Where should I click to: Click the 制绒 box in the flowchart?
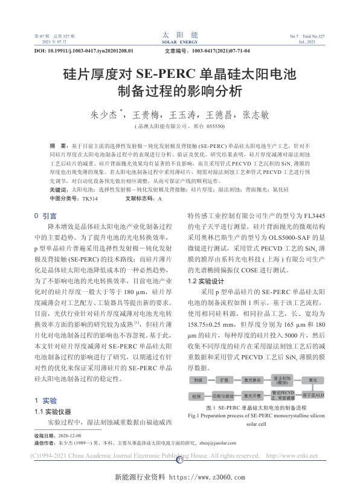click(x=198, y=381)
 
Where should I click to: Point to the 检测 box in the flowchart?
click(x=198, y=396)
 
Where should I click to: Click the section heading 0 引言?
click(x=45, y=215)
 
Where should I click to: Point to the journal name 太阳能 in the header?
click(x=179, y=36)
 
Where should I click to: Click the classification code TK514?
click(x=85, y=198)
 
